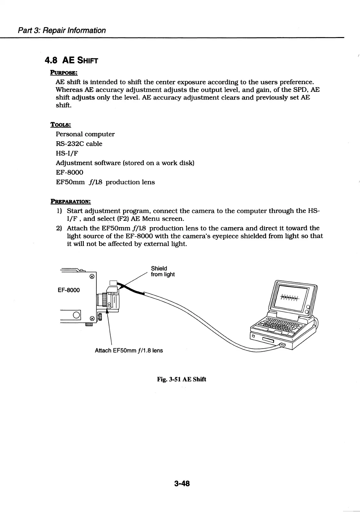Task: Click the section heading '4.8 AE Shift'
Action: click(x=71, y=60)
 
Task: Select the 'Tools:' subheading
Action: click(x=60, y=124)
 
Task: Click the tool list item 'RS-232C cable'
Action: click(x=79, y=144)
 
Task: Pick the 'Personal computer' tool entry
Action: click(x=85, y=134)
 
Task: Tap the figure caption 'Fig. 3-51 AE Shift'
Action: click(x=181, y=379)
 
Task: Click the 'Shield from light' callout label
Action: click(x=163, y=271)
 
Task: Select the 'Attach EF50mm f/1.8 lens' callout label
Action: click(x=129, y=350)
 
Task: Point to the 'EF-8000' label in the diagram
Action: click(x=69, y=290)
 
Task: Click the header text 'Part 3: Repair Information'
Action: click(x=62, y=30)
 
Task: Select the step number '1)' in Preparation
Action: click(x=59, y=211)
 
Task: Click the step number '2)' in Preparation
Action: click(x=59, y=228)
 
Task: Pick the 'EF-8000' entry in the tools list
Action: click(x=69, y=172)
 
